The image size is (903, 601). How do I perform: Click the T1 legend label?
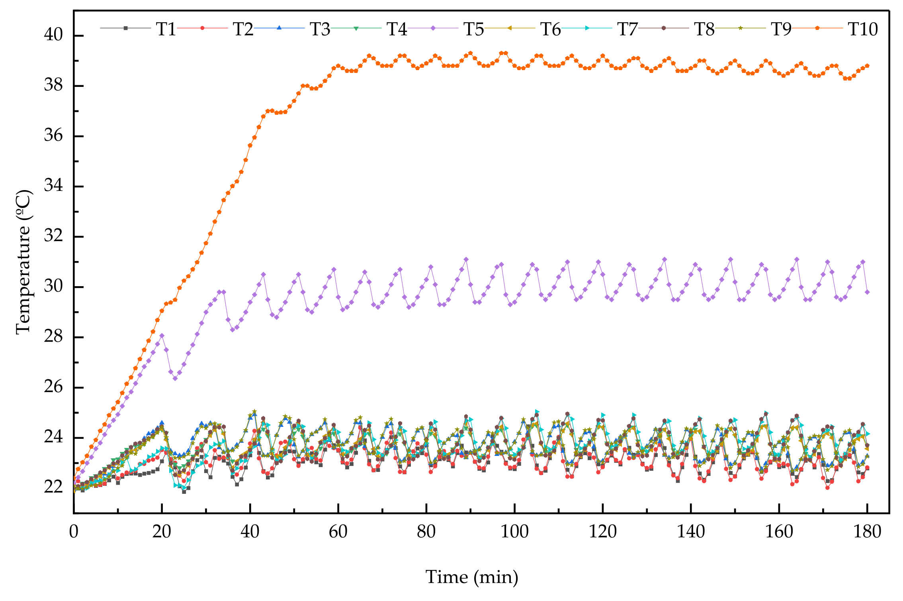(166, 29)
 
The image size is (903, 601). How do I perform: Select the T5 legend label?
(473, 29)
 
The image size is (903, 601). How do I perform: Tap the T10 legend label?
(862, 29)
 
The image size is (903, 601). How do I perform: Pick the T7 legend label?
(627, 29)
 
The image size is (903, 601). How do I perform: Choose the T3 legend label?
(320, 29)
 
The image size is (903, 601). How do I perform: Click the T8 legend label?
(704, 29)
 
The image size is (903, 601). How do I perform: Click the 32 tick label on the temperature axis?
(53, 236)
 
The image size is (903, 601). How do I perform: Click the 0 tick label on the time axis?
(74, 532)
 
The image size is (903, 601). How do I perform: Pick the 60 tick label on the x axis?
(338, 532)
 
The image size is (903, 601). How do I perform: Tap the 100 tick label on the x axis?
(514, 532)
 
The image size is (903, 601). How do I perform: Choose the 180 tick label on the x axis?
(867, 532)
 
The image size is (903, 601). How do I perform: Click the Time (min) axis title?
(472, 577)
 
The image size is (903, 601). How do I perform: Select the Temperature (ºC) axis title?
(24, 262)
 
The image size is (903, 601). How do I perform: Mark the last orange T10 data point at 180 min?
(867, 66)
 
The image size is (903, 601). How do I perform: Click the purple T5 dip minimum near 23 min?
(175, 378)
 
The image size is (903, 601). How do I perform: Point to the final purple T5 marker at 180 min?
(867, 292)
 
